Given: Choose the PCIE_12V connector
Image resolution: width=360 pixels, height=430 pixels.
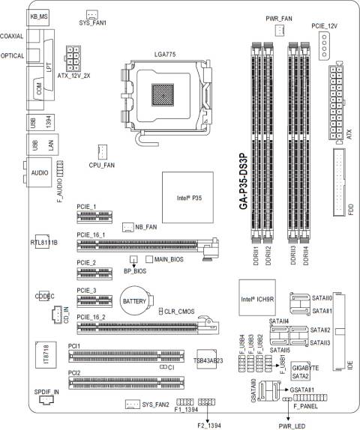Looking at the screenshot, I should (x=321, y=50).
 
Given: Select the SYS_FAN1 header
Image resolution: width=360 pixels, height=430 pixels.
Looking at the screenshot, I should (x=92, y=14).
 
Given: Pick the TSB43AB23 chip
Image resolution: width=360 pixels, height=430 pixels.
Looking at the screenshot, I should (x=208, y=360).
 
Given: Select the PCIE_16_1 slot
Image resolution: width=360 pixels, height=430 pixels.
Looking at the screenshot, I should (x=146, y=244).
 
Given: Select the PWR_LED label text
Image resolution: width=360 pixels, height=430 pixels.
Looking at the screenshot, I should (x=286, y=423).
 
